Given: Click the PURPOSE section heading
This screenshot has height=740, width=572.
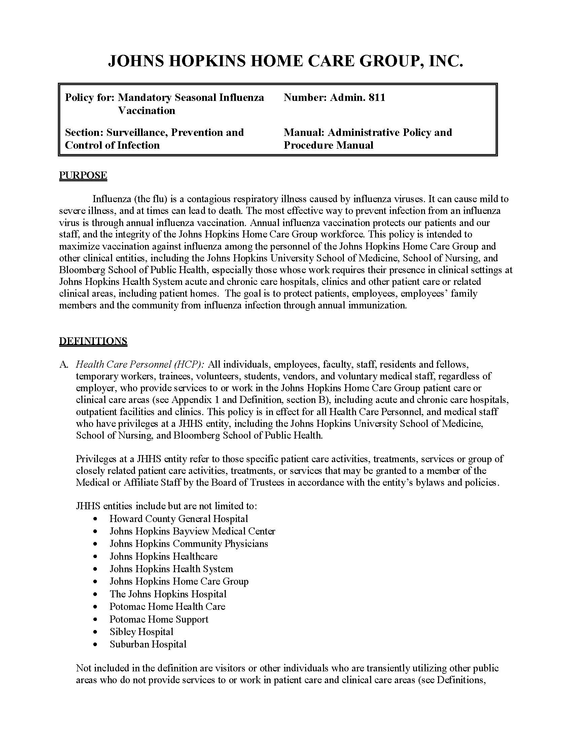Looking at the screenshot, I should (83, 175).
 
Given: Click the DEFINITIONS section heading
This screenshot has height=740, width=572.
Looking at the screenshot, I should (93, 341).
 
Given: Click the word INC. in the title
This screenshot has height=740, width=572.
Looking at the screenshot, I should (445, 61).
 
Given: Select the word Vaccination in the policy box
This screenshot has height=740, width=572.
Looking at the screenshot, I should (147, 110).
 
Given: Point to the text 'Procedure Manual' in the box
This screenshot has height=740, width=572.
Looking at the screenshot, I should (328, 145).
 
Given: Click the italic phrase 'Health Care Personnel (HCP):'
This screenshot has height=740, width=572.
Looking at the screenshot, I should (140, 364).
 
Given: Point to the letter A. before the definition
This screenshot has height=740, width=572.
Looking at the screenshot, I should (64, 365).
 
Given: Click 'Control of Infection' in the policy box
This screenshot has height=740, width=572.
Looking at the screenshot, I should (112, 145).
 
